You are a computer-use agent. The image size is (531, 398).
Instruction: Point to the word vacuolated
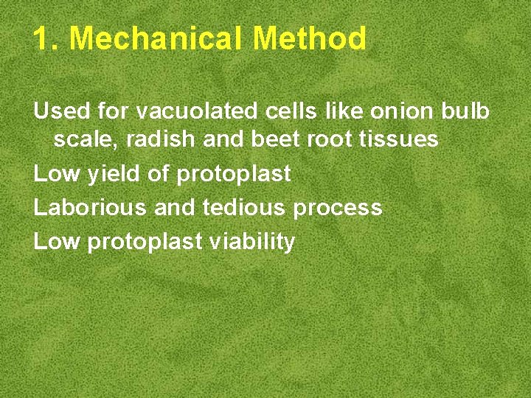pos(198,111)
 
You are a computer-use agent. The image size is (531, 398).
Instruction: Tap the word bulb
pos(467,111)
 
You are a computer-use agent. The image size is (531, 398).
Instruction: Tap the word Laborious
pos(90,208)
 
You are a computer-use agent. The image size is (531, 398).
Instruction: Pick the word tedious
pos(244,208)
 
